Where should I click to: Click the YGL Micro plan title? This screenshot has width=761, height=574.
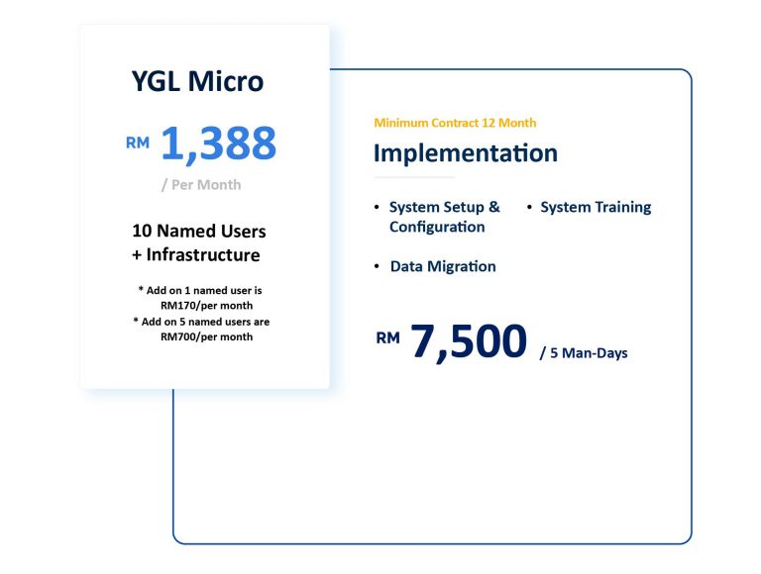point(197,81)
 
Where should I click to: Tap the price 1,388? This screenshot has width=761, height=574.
point(218,143)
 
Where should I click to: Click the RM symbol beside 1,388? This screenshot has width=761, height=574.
point(138,143)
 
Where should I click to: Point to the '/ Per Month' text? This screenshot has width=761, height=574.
point(201,185)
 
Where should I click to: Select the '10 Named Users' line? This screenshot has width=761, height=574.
point(199,231)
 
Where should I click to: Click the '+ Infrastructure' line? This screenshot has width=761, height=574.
point(196,254)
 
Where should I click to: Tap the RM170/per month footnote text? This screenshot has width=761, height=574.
point(207,306)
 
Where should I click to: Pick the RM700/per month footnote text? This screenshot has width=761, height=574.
point(207,336)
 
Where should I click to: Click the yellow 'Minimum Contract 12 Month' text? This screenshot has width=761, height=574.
point(455,123)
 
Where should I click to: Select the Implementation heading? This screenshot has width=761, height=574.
point(466,153)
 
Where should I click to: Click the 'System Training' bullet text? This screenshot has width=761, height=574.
point(596,207)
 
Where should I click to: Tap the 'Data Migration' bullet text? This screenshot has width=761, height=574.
point(443,266)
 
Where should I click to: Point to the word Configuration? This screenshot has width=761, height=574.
point(437,227)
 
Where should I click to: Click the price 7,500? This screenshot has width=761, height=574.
point(469,341)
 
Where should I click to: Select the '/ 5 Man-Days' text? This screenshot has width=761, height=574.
point(584,353)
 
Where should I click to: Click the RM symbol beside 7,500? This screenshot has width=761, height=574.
point(387,337)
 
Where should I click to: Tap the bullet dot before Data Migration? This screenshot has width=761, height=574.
point(377,265)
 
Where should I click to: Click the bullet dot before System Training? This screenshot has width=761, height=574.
point(529,207)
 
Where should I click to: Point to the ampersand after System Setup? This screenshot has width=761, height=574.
point(494,207)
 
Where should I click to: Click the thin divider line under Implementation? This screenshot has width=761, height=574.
point(414,177)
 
